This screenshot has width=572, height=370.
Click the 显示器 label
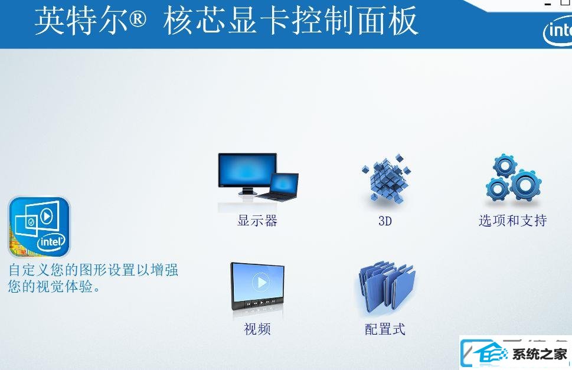pos(257,221)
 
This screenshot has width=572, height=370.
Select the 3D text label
pos(385,221)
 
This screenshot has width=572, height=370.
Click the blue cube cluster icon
pos(386,179)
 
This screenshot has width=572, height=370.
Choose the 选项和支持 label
pos(512,221)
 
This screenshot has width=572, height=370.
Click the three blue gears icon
pos(514,178)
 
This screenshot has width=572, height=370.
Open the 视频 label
pos(257,329)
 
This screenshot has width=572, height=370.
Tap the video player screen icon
pos(257,287)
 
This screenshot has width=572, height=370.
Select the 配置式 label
pos(385,329)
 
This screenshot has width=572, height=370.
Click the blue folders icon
pos(387,287)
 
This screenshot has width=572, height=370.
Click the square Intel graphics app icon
pos(39,227)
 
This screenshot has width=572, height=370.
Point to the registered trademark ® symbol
pos(138,18)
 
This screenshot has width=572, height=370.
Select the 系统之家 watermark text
pos(540,354)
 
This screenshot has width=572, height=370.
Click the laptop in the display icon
pos(279,186)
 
